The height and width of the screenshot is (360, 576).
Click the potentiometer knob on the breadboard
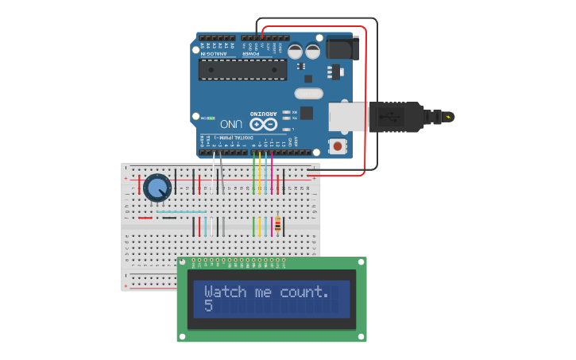point(157,188)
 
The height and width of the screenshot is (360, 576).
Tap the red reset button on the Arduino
point(338,146)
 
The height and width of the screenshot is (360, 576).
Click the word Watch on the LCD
point(226,292)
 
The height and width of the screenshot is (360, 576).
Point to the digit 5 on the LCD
point(208,305)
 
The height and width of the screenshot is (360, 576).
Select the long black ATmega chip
point(242,69)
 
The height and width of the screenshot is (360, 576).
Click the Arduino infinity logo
point(263,124)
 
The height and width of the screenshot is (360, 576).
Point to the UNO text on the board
point(231,124)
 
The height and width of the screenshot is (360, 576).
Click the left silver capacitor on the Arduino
point(295,51)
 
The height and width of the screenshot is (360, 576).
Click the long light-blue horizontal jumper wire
point(181,212)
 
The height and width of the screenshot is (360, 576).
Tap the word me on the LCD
point(263,292)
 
